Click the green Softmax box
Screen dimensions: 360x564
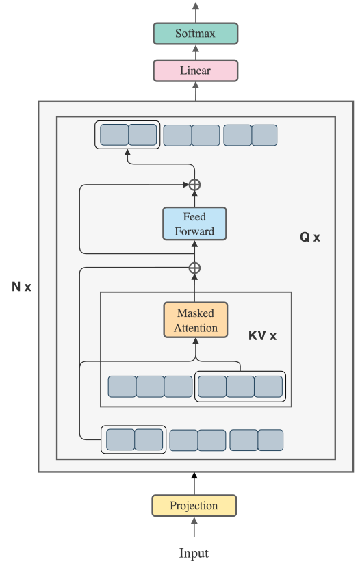[x=196, y=34]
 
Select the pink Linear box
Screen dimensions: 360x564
[x=196, y=70]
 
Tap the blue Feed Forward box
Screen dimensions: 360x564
[x=194, y=224]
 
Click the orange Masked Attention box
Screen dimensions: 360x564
[x=196, y=320]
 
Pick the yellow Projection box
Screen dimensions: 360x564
[x=194, y=506]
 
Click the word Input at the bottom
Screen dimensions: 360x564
[x=194, y=553]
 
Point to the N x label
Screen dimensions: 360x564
[x=22, y=287]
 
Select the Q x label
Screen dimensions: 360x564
[x=310, y=237]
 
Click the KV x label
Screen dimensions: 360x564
[x=263, y=335]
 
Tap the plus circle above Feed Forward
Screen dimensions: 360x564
[x=194, y=185]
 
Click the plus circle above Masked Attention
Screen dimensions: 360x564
[x=194, y=268]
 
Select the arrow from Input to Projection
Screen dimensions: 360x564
[x=194, y=527]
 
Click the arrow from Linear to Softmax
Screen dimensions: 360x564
[x=196, y=52]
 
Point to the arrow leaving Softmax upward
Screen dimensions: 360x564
[x=196, y=12]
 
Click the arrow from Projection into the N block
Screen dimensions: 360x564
[x=194, y=483]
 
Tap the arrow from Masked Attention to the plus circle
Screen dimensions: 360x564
[x=194, y=287]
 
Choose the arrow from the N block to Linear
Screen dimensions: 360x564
[x=196, y=91]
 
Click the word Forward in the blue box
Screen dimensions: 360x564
[x=194, y=231]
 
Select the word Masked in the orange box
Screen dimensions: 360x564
[x=196, y=313]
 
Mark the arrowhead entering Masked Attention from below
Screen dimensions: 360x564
[x=196, y=342]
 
